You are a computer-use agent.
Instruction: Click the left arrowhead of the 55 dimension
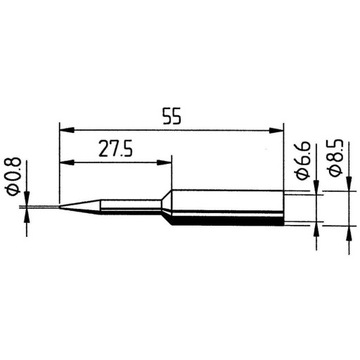coord(65,127)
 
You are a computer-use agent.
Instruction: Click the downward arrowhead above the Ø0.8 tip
coord(25,201)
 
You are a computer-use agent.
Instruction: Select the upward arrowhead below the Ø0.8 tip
coord(25,214)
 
